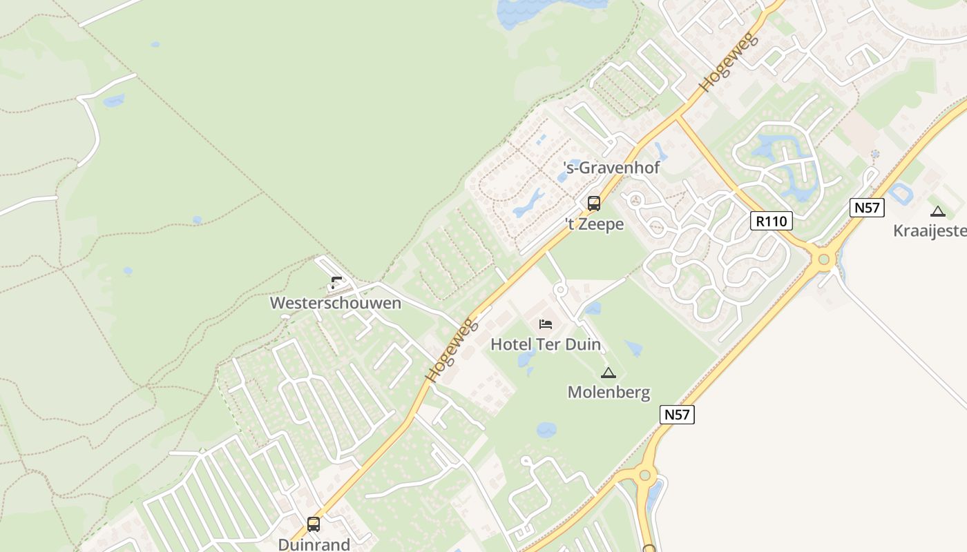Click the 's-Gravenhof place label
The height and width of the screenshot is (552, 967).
(611, 168)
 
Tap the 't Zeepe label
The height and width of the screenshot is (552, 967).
(595, 224)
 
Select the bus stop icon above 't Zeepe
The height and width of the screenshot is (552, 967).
(594, 204)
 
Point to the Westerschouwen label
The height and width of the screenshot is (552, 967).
(335, 303)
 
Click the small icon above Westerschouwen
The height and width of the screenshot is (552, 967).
(336, 282)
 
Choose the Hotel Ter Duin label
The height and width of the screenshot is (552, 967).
(546, 344)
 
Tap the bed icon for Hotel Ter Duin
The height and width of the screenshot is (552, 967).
(546, 324)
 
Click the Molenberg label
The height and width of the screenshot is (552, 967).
(609, 393)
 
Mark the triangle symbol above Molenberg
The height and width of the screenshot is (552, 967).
(609, 373)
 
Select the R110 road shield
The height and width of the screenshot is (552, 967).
(772, 221)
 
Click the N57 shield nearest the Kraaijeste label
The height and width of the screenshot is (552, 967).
(868, 207)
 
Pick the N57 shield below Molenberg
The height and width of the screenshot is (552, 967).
(677, 415)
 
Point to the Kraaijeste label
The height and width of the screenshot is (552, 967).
(930, 231)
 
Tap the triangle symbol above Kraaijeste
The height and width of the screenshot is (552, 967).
(937, 212)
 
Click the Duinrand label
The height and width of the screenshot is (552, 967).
(314, 544)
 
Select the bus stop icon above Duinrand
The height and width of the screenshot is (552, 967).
(314, 524)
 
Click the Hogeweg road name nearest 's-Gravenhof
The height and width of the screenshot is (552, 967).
(728, 62)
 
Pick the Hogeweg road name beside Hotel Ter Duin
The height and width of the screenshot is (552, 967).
(452, 350)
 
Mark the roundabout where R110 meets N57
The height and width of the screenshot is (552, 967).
(823, 260)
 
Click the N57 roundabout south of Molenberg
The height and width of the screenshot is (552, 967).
(645, 475)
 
